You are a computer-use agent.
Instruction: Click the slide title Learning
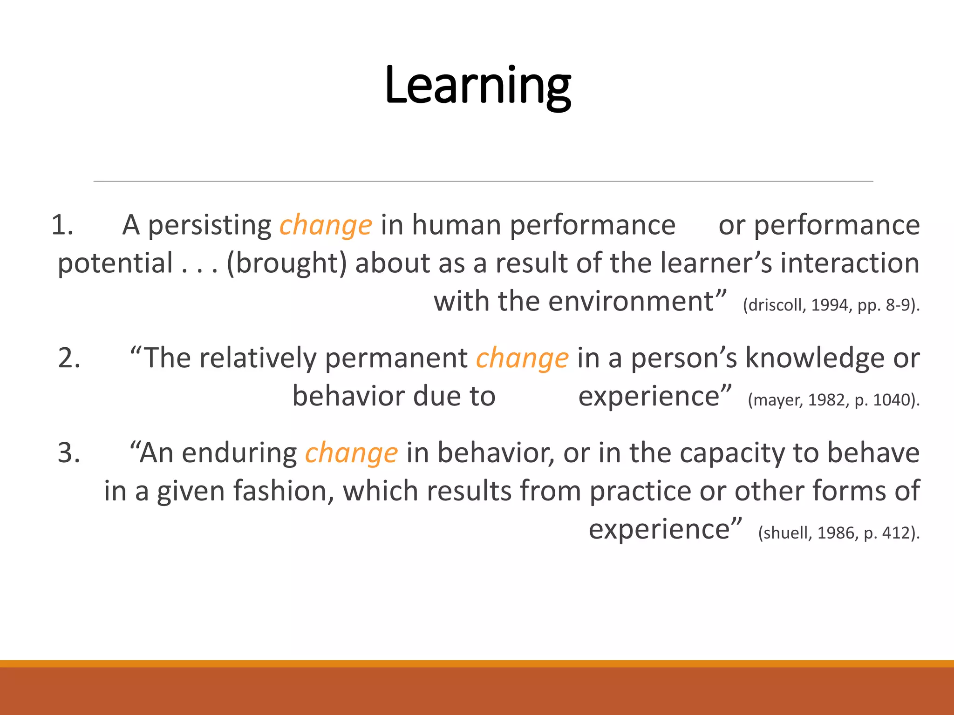pos(477,86)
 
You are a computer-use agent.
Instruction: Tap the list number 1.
pos(62,225)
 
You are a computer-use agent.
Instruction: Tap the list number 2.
pos(69,358)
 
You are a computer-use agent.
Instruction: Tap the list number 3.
pos(69,453)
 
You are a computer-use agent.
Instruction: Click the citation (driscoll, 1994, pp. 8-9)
pos(831,305)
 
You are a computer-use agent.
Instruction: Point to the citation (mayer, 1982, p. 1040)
pos(833,400)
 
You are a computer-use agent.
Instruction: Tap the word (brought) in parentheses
pos(286,263)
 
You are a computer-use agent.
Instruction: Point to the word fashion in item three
pos(283,492)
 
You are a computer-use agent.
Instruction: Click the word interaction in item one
pos(850,263)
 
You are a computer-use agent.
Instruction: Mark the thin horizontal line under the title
pos(483,181)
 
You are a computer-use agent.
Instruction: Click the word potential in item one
pos(115,263)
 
